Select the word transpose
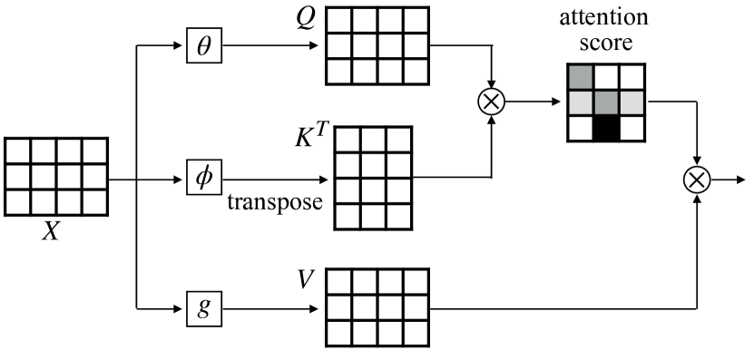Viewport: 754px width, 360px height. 275,201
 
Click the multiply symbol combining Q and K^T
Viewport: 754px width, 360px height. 491,102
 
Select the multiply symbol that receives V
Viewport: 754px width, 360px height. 697,180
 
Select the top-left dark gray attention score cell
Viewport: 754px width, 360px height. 580,77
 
